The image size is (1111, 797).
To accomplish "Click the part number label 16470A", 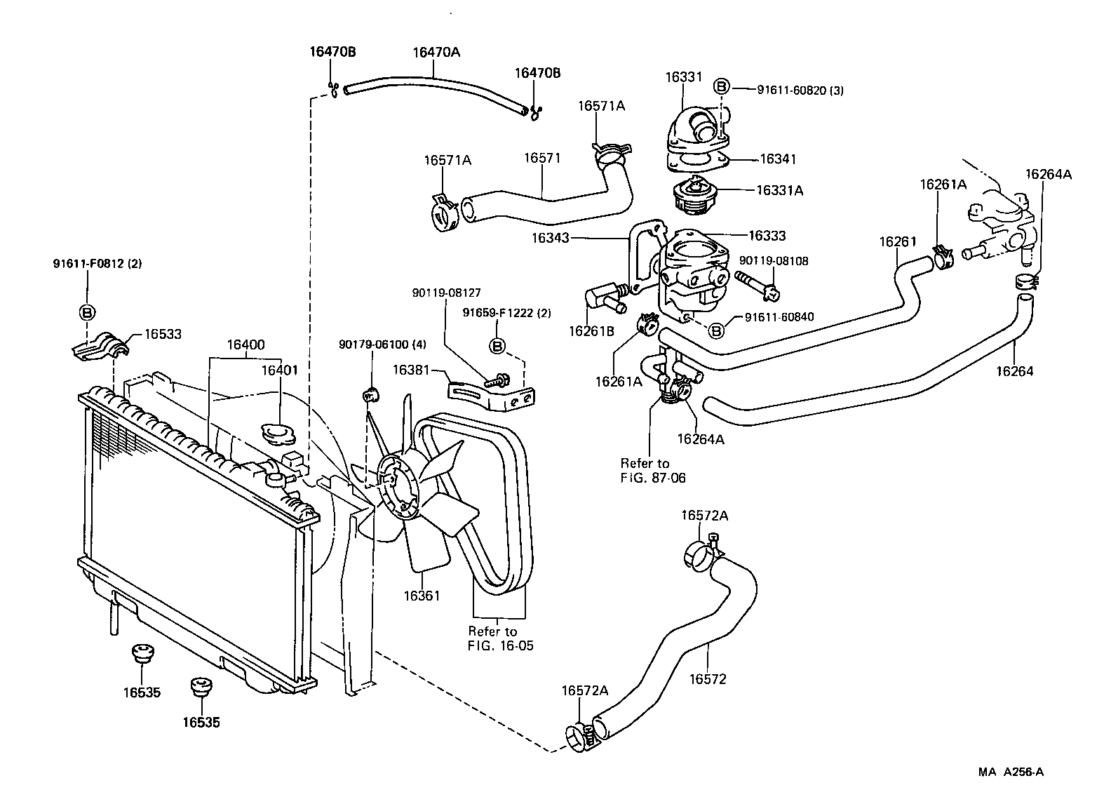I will pos(436,52).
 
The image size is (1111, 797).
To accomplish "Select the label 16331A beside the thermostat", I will pos(779,189).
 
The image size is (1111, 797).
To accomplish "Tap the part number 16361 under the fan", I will pos(422,596).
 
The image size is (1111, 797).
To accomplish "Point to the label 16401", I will pos(280,370).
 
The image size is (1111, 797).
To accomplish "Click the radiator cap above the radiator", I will pos(277,432).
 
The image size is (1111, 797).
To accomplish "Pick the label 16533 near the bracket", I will pos(163,334).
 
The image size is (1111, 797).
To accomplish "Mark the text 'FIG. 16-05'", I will pos(500,645).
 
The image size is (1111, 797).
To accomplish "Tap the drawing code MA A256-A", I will pos(1011,772).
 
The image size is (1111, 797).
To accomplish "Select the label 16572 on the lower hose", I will pos(708,678).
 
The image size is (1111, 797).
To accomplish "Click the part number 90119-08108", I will pos(774,261).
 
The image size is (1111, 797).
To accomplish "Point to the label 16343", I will pos(551,238).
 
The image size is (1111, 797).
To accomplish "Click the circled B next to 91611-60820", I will pos(721,87).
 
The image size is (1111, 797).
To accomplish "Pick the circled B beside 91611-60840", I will pos(717,330).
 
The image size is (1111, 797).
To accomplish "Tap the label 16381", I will pos(412,368).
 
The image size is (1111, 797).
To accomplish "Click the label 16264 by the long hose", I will pos(1015,370).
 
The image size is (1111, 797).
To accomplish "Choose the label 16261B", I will pos(591,330).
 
